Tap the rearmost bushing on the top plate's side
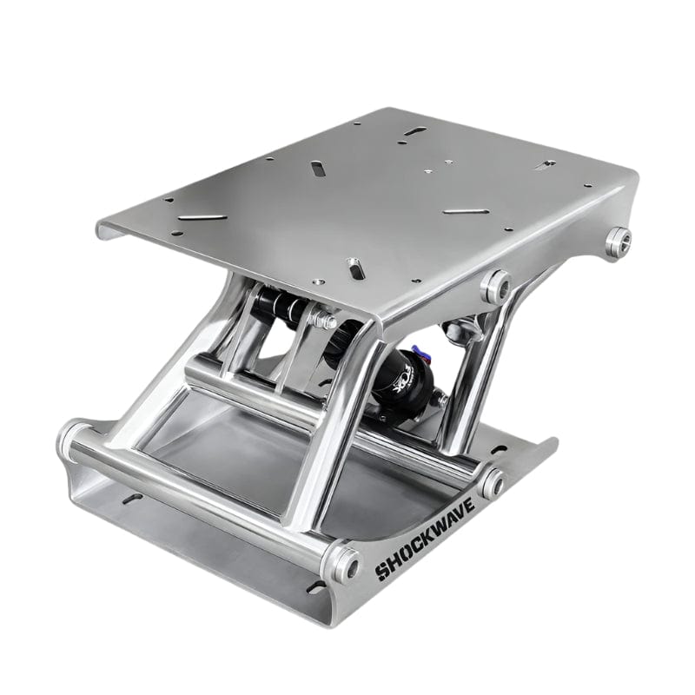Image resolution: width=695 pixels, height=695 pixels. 618,242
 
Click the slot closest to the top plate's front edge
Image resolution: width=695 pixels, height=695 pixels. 354,267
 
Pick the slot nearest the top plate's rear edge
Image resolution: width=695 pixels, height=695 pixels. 415,130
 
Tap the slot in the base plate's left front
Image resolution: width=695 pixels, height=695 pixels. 132,498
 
